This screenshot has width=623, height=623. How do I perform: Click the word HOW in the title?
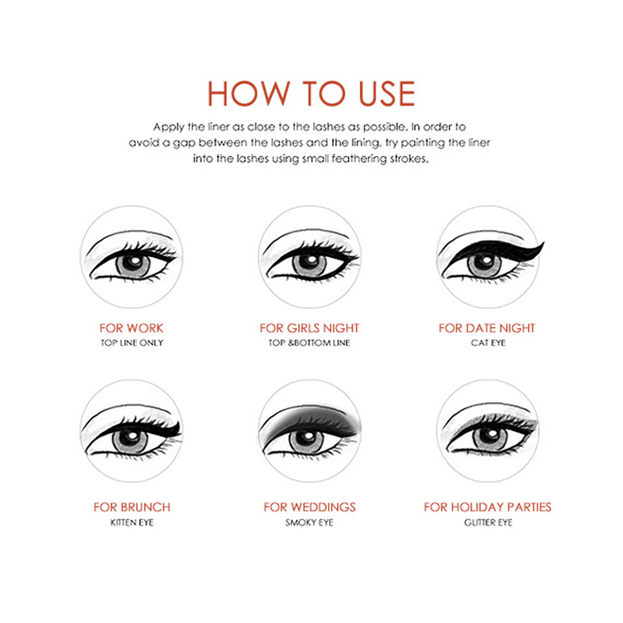(x=249, y=93)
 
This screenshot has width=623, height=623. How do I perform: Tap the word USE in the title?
(x=387, y=93)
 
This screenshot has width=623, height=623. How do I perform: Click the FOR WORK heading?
(x=132, y=328)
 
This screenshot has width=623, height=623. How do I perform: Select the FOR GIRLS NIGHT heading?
(x=309, y=328)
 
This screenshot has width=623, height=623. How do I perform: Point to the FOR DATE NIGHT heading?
(x=487, y=328)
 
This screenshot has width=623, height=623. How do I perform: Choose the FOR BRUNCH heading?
(x=132, y=507)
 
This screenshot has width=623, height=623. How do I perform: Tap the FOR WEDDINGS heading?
(x=309, y=507)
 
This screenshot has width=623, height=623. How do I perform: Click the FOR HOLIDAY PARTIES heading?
(x=487, y=507)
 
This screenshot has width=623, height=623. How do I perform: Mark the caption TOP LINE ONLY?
(x=132, y=343)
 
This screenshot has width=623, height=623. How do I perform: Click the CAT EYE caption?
(x=488, y=343)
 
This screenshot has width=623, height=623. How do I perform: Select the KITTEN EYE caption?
(x=132, y=522)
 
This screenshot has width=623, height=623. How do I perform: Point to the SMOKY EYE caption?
(x=309, y=522)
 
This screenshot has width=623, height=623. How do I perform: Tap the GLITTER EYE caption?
(x=488, y=522)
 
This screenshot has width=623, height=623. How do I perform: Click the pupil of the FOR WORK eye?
(x=132, y=262)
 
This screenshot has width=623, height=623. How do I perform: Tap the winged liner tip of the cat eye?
(x=543, y=242)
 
